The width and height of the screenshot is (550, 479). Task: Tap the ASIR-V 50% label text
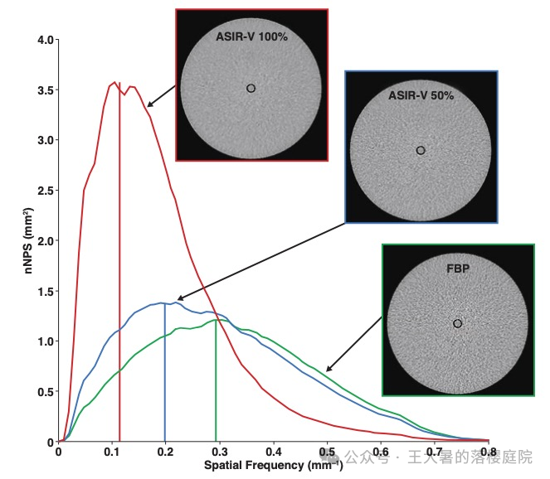pos(421,95)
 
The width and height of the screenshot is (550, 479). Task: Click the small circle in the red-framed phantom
pos(251,88)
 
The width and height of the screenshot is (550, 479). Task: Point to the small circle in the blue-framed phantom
pos(421,150)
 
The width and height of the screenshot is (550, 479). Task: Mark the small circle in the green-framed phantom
pos(457,323)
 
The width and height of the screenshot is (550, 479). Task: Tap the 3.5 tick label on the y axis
pos(45,90)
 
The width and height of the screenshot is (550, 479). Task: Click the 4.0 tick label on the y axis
pos(45,40)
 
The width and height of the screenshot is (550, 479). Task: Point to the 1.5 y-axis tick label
pos(45,291)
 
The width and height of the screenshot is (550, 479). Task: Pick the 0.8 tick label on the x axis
pos(488,452)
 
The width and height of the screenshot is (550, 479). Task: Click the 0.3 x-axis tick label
pos(219,452)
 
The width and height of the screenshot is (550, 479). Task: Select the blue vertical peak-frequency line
pos(165,373)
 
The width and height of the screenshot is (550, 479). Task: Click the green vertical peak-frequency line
pos(216,381)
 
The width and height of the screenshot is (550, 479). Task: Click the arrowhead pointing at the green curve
pos(328,370)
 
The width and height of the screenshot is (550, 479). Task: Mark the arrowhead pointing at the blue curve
pos(179,298)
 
